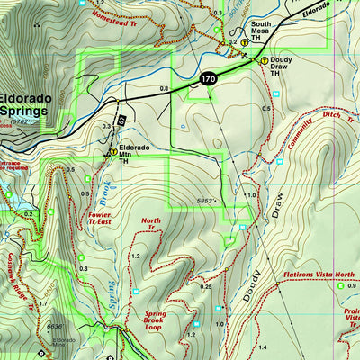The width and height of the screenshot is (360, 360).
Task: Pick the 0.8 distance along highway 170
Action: pos(163,89)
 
